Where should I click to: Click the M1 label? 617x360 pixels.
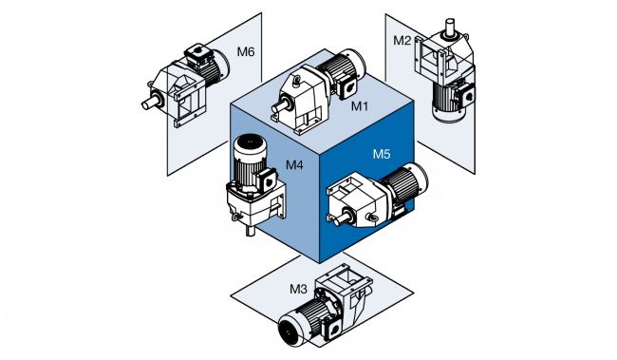pyautogui.click(x=359, y=106)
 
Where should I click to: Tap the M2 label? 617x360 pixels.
pyautogui.click(x=402, y=41)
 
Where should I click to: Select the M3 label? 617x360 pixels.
pyautogui.click(x=298, y=289)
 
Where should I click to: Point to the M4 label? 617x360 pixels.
pyautogui.click(x=294, y=164)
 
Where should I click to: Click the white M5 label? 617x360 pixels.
pyautogui.click(x=382, y=154)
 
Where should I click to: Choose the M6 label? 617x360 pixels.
pyautogui.click(x=246, y=51)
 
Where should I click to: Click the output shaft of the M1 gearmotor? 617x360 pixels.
pyautogui.click(x=278, y=107)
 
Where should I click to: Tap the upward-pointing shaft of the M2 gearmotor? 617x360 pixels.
pyautogui.click(x=449, y=27)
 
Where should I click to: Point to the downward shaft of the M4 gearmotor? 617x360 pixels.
pyautogui.click(x=251, y=230)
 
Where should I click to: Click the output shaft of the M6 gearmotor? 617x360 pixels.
pyautogui.click(x=150, y=104)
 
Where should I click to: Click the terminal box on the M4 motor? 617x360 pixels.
pyautogui.click(x=268, y=180)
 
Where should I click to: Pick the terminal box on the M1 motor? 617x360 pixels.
pyautogui.click(x=346, y=87)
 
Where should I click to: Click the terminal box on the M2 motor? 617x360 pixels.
pyautogui.click(x=465, y=95)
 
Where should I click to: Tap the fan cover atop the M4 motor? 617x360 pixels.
pyautogui.click(x=251, y=145)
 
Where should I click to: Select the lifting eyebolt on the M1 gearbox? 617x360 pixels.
pyautogui.click(x=296, y=81)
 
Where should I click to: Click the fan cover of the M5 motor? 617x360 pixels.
pyautogui.click(x=419, y=180)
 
